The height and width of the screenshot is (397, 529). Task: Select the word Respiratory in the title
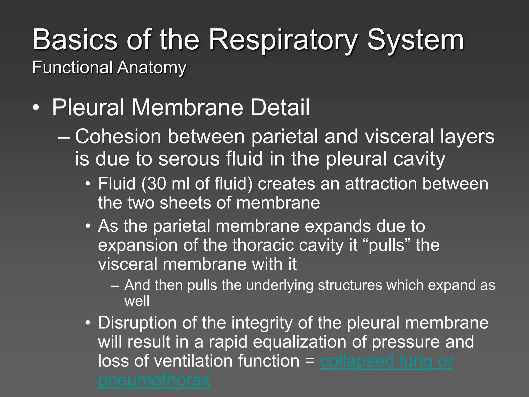pos(283,40)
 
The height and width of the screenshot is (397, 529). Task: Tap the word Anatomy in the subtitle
pos(152,68)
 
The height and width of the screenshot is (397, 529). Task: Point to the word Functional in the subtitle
pos(72,68)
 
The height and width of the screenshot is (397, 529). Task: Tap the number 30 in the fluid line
pos(156,184)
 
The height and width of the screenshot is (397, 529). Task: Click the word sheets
pos(186,203)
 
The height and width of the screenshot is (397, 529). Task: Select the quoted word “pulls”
pos(386,245)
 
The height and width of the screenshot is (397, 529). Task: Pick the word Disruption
pos(134,323)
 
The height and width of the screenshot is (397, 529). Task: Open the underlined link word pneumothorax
pos(154,380)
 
